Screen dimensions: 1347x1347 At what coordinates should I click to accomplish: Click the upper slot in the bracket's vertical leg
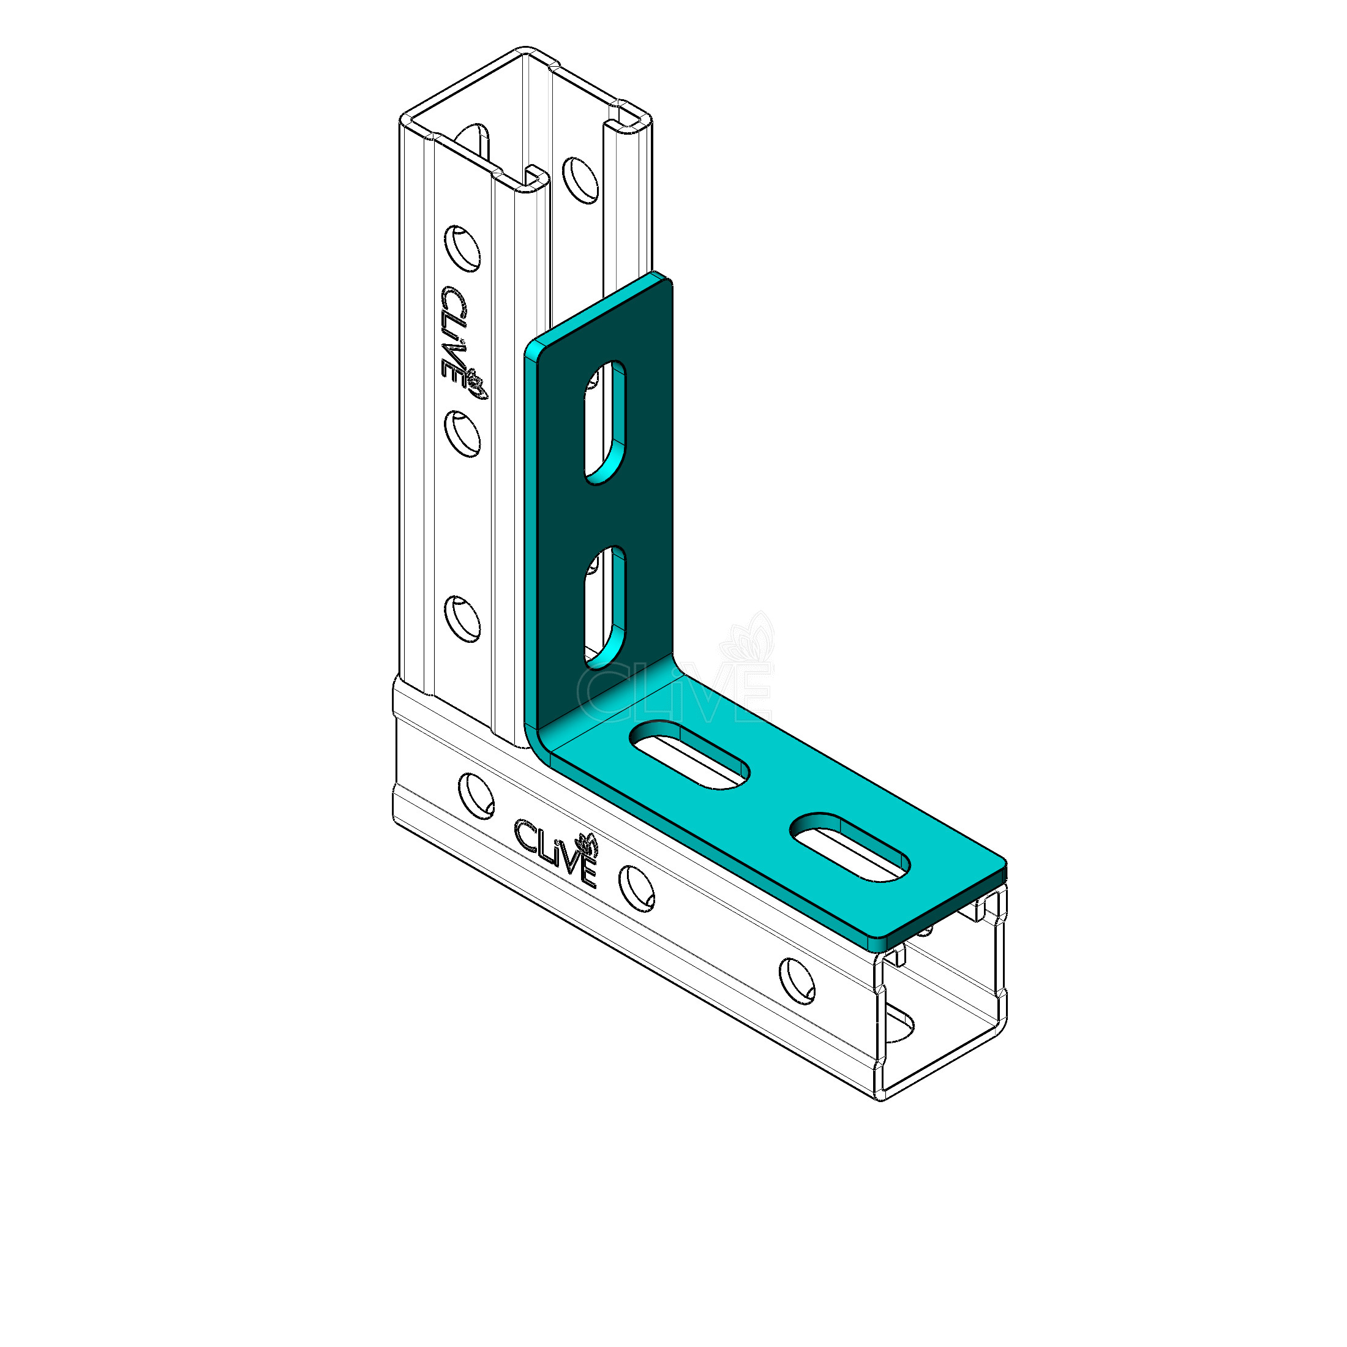pyautogui.click(x=604, y=422)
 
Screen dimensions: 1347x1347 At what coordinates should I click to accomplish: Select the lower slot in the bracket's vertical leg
pyautogui.click(x=604, y=607)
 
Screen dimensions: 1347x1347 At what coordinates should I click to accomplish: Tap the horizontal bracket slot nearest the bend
pyautogui.click(x=689, y=756)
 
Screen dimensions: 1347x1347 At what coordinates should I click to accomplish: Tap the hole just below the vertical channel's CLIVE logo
pyautogui.click(x=462, y=433)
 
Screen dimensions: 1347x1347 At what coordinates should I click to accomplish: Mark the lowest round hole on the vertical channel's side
pyautogui.click(x=462, y=618)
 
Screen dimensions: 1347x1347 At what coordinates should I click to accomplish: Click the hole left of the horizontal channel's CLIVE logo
pyautogui.click(x=476, y=795)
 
